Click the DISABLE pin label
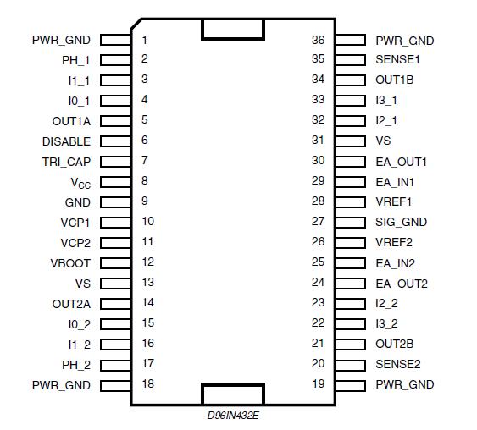pyautogui.click(x=66, y=141)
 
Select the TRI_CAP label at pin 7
pyautogui.click(x=66, y=162)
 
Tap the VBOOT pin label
pyautogui.click(x=70, y=263)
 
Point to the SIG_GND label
pyautogui.click(x=401, y=222)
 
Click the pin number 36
pyautogui.click(x=318, y=40)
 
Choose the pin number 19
pyautogui.click(x=318, y=384)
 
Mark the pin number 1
pyautogui.click(x=145, y=40)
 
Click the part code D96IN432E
pyautogui.click(x=233, y=415)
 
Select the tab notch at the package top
pyautogui.click(x=232, y=29)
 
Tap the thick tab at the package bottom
pyautogui.click(x=232, y=394)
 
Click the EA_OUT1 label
pyautogui.click(x=401, y=161)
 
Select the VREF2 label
pyautogui.click(x=394, y=242)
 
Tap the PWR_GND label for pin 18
pyautogui.click(x=61, y=385)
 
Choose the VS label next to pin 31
pyautogui.click(x=383, y=141)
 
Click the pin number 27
pyautogui.click(x=318, y=222)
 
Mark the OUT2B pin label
pyautogui.click(x=394, y=344)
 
